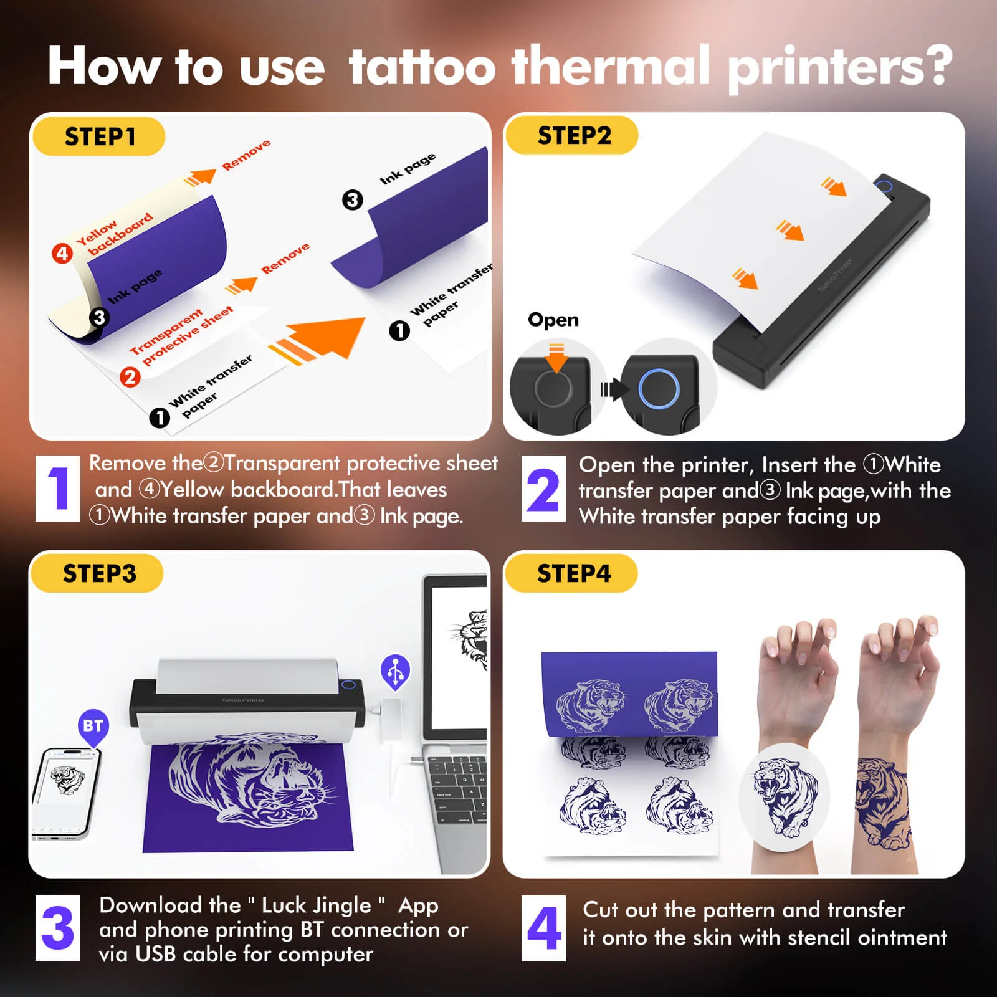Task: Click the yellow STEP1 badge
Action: click(x=99, y=136)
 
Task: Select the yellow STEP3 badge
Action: click(x=98, y=573)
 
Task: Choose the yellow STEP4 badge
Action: click(x=573, y=573)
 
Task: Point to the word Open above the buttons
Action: click(x=553, y=320)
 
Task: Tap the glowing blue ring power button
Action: click(x=659, y=388)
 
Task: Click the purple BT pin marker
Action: click(x=93, y=727)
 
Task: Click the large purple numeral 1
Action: click(x=58, y=489)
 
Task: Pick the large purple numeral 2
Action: click(x=543, y=490)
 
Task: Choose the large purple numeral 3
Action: click(x=57, y=928)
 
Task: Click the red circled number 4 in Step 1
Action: click(x=62, y=254)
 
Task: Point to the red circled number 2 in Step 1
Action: click(x=130, y=376)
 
